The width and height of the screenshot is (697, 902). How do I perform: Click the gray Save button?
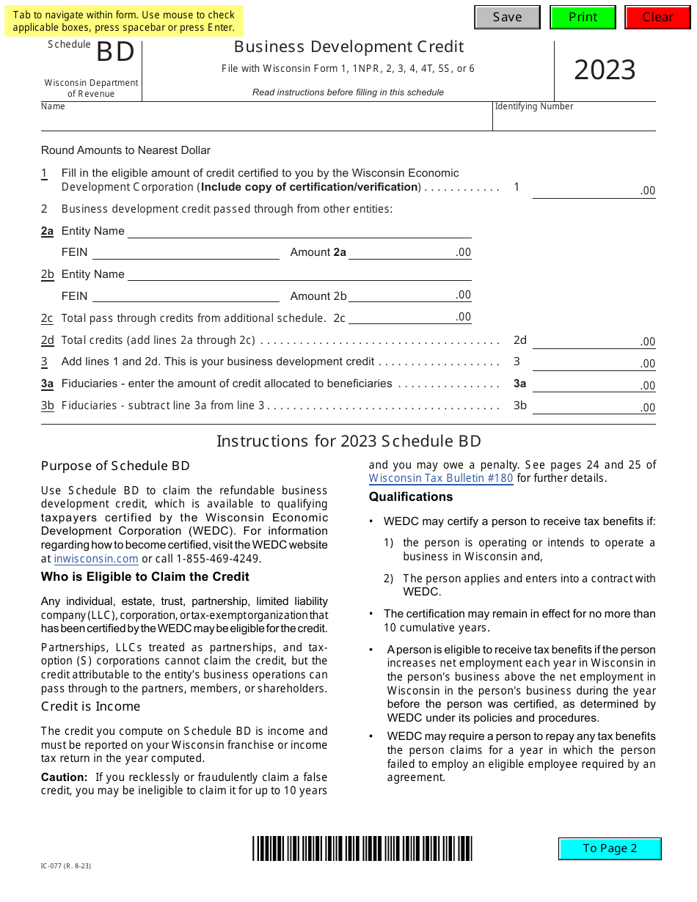pyautogui.click(x=507, y=17)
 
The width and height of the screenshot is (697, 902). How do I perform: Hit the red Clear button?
pyautogui.click(x=657, y=17)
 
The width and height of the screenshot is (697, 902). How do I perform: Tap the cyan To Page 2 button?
pyautogui.click(x=610, y=848)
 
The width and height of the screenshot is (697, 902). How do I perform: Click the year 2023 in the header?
pyautogui.click(x=605, y=70)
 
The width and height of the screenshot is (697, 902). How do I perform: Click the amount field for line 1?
pyautogui.click(x=593, y=189)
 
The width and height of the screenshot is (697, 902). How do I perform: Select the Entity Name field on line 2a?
pyautogui.click(x=299, y=231)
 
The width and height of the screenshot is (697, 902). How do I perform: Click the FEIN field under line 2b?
pyautogui.click(x=186, y=296)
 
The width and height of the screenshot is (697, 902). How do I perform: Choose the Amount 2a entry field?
pyautogui.click(x=409, y=252)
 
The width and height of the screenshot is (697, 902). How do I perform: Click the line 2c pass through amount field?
pyautogui.click(x=409, y=318)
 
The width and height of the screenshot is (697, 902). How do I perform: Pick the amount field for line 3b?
pyautogui.click(x=593, y=406)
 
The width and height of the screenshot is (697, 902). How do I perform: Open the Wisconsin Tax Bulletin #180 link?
pyautogui.click(x=441, y=478)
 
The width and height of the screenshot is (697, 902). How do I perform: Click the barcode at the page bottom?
pyautogui.click(x=362, y=848)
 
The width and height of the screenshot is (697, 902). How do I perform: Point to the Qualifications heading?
pyautogui.click(x=411, y=497)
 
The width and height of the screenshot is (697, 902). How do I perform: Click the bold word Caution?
pyautogui.click(x=64, y=777)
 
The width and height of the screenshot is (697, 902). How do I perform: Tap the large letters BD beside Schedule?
pyautogui.click(x=116, y=53)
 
